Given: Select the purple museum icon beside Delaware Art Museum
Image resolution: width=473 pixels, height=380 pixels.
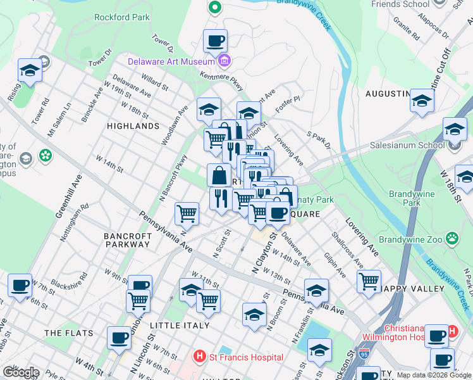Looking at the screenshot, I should [223, 61].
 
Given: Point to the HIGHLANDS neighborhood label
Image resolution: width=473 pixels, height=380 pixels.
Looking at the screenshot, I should [133, 126].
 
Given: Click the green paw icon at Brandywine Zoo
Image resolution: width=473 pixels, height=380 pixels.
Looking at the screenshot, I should [452, 239].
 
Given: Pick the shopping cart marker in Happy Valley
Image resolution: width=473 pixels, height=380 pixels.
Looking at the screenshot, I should [369, 280].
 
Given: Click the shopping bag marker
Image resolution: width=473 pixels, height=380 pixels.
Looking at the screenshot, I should [219, 174].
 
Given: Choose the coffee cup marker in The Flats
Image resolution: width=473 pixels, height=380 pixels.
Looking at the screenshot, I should [119, 337].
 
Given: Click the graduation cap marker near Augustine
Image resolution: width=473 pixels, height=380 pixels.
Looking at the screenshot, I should [422, 100].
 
